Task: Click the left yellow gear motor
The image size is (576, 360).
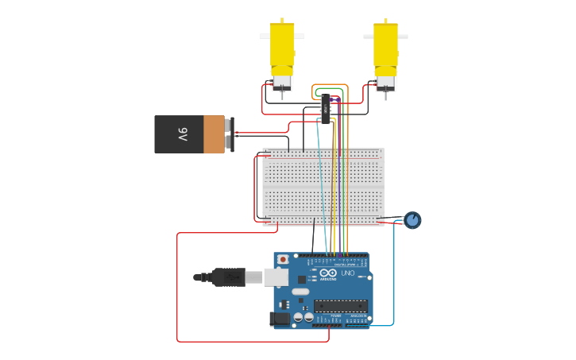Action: [282, 48]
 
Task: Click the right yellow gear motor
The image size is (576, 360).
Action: [386, 48]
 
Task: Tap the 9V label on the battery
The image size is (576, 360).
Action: [182, 134]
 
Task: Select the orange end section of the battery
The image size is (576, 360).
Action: [214, 134]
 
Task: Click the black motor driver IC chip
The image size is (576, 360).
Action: [326, 109]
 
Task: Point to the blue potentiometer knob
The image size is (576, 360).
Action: [412, 220]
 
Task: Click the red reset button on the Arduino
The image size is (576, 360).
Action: [283, 260]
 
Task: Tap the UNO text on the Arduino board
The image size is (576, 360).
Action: [348, 273]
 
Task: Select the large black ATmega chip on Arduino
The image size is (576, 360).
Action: [340, 306]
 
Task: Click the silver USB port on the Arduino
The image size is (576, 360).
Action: [276, 277]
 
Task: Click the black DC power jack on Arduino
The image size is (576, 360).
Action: [279, 319]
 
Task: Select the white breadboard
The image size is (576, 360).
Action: [323, 187]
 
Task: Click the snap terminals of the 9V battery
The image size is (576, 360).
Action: [230, 134]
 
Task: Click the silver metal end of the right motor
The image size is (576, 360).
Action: [385, 83]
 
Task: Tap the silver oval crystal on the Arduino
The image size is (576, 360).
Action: [300, 292]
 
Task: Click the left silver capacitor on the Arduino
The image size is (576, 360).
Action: [298, 317]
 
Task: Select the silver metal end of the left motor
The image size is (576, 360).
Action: [282, 83]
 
